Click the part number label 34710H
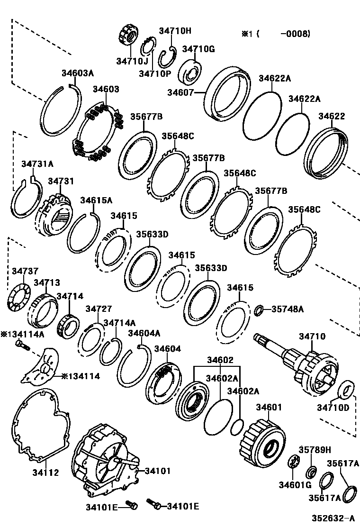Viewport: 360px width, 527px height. pos(175,31)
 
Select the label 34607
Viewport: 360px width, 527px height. pos(180,93)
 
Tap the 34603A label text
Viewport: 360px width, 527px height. pos(78,73)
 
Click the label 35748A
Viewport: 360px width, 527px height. pos(287,309)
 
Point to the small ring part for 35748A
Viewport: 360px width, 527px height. pos(259,310)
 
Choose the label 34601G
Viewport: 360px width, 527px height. pos(294,484)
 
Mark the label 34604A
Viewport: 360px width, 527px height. pos(144,333)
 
